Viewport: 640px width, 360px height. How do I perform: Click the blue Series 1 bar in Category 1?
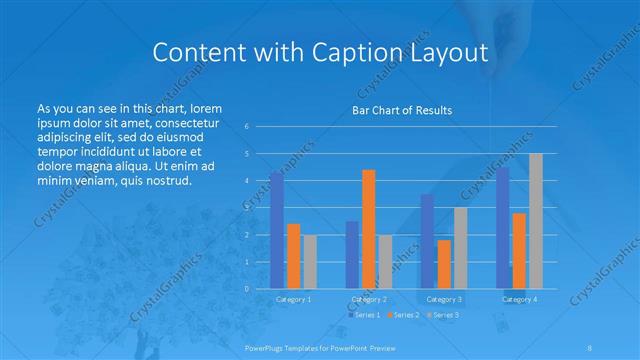(277, 230)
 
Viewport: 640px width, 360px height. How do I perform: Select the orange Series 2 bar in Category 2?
(369, 229)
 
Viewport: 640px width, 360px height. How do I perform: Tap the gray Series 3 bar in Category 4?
(536, 221)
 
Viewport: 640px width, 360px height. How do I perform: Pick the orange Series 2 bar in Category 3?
(444, 264)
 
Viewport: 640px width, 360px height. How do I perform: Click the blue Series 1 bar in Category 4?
(503, 228)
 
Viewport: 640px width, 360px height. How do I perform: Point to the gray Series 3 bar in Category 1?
(310, 262)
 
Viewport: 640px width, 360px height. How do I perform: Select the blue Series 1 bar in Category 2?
(352, 255)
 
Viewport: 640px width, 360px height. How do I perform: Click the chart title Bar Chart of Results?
(403, 110)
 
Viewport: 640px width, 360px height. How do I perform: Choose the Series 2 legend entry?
(404, 315)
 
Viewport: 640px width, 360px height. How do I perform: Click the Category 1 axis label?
(293, 299)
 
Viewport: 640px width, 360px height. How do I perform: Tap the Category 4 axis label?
(519, 299)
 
